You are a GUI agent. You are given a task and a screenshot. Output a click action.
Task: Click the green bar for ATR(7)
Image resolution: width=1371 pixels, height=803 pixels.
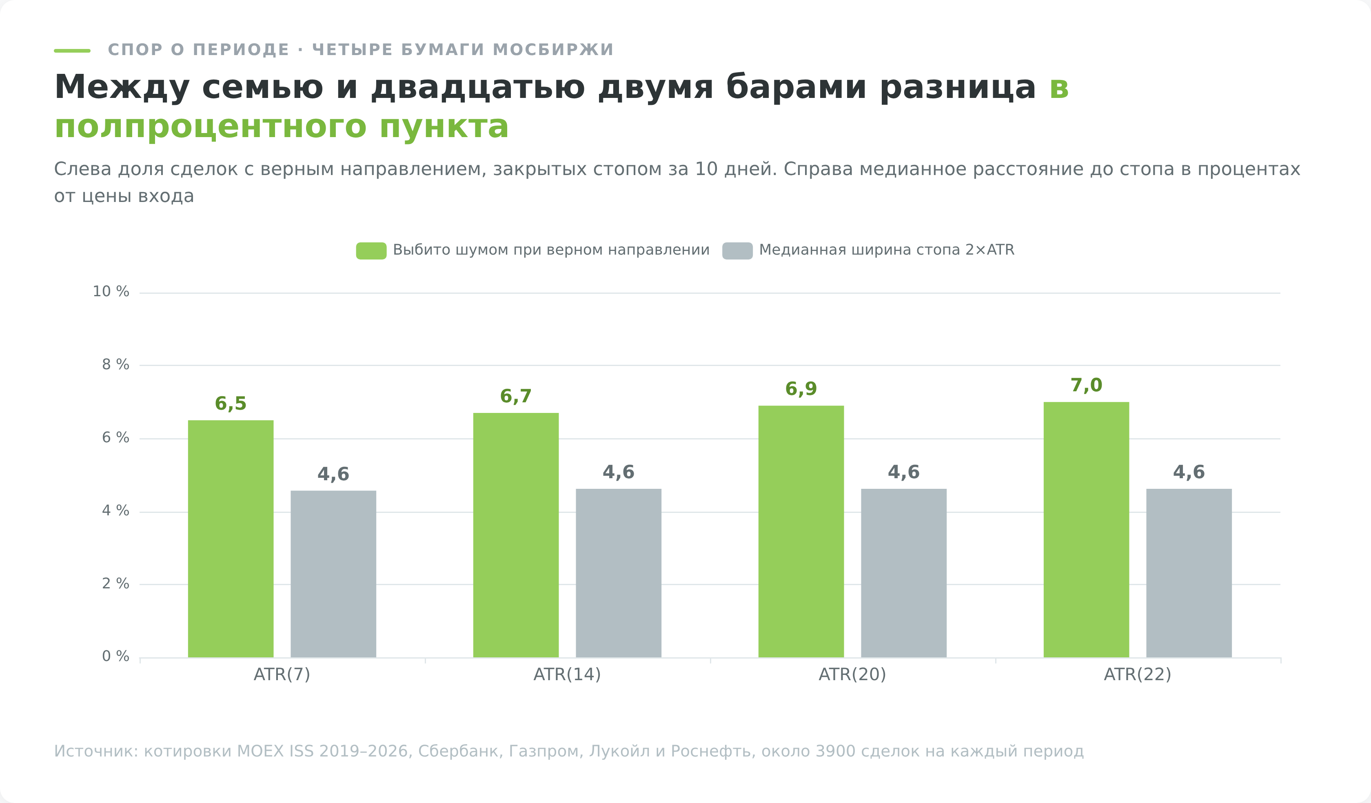231,539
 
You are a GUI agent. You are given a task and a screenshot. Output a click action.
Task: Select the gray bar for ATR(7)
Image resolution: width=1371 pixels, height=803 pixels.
333,574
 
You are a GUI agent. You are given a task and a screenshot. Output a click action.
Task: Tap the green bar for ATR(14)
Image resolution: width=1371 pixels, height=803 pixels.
516,535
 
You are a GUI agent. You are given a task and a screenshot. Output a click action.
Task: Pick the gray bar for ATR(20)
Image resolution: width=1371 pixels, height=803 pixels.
904,573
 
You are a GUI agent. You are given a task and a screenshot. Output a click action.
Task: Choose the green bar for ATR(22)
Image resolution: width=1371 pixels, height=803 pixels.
1087,530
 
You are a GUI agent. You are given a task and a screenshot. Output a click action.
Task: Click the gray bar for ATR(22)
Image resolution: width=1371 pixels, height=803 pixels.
1189,573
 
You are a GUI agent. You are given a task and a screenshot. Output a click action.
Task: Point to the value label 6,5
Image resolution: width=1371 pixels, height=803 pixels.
231,404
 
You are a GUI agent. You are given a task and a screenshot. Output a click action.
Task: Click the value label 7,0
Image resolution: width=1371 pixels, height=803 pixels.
1087,385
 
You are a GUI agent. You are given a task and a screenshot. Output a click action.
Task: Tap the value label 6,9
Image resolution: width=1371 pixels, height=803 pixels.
801,389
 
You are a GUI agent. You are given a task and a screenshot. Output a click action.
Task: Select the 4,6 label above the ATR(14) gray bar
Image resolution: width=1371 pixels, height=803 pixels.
619,472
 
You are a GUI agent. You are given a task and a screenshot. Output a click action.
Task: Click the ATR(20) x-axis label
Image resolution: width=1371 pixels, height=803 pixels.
852,674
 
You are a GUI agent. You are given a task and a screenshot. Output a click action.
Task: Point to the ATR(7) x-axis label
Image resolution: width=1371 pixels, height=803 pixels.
282,674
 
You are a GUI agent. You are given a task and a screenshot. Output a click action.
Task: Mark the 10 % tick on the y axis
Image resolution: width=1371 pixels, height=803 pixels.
111,292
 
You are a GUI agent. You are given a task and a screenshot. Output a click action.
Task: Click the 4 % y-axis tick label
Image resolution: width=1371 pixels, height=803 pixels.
116,511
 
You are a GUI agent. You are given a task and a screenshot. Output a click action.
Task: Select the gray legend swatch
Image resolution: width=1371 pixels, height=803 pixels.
738,251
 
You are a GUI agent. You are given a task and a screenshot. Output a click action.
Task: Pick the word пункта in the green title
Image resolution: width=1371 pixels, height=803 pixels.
444,128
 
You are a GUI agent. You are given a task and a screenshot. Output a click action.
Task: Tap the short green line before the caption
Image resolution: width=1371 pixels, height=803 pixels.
72,51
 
